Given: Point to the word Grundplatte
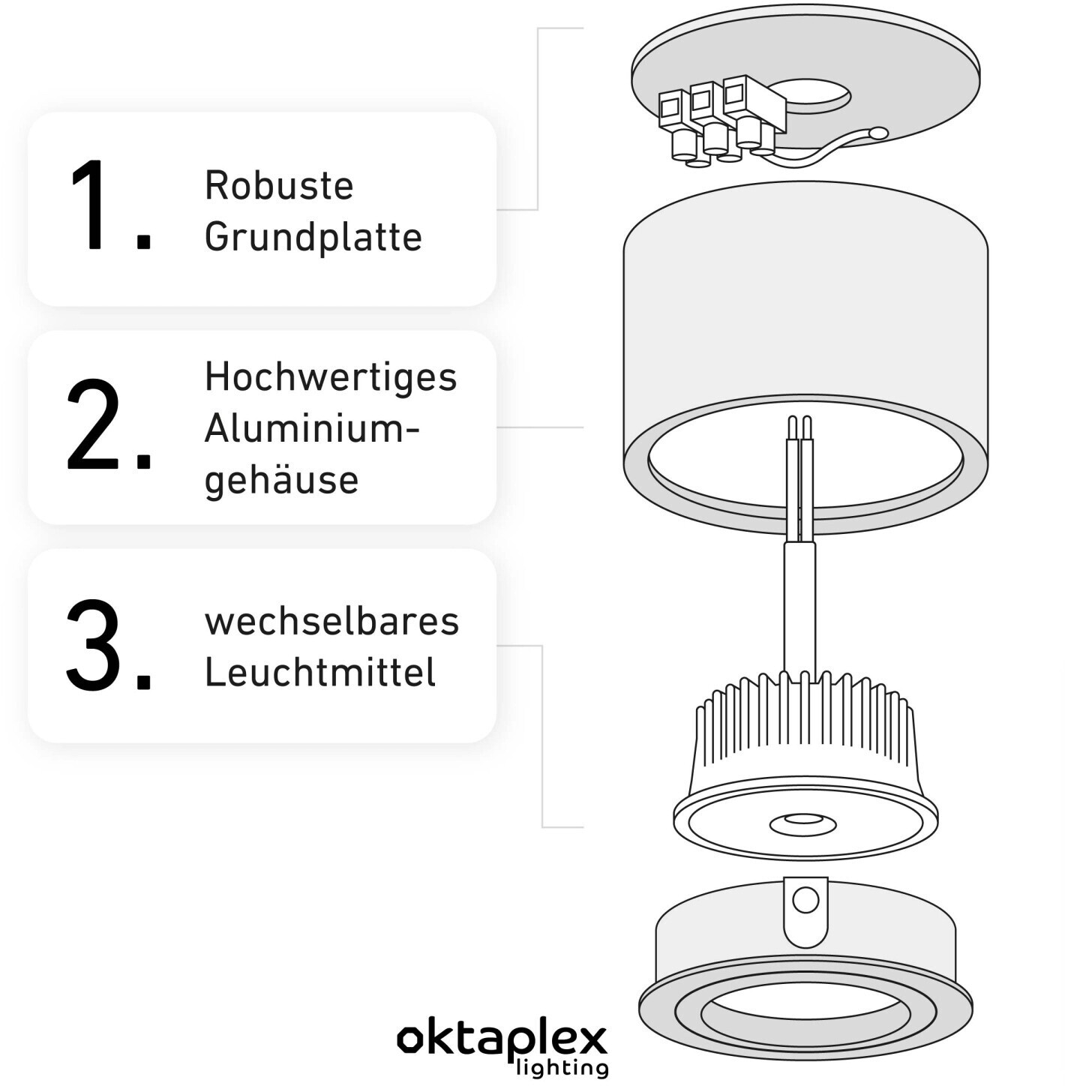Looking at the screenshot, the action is (313, 237).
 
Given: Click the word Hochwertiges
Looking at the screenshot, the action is (331, 377).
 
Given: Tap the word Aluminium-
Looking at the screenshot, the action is (312, 430).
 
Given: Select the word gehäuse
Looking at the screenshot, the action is (281, 480).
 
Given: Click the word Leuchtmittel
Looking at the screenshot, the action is (320, 672).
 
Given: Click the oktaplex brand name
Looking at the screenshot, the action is (502, 1039).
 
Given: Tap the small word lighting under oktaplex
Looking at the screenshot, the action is (562, 1066).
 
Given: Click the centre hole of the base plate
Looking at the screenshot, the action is (809, 94).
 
